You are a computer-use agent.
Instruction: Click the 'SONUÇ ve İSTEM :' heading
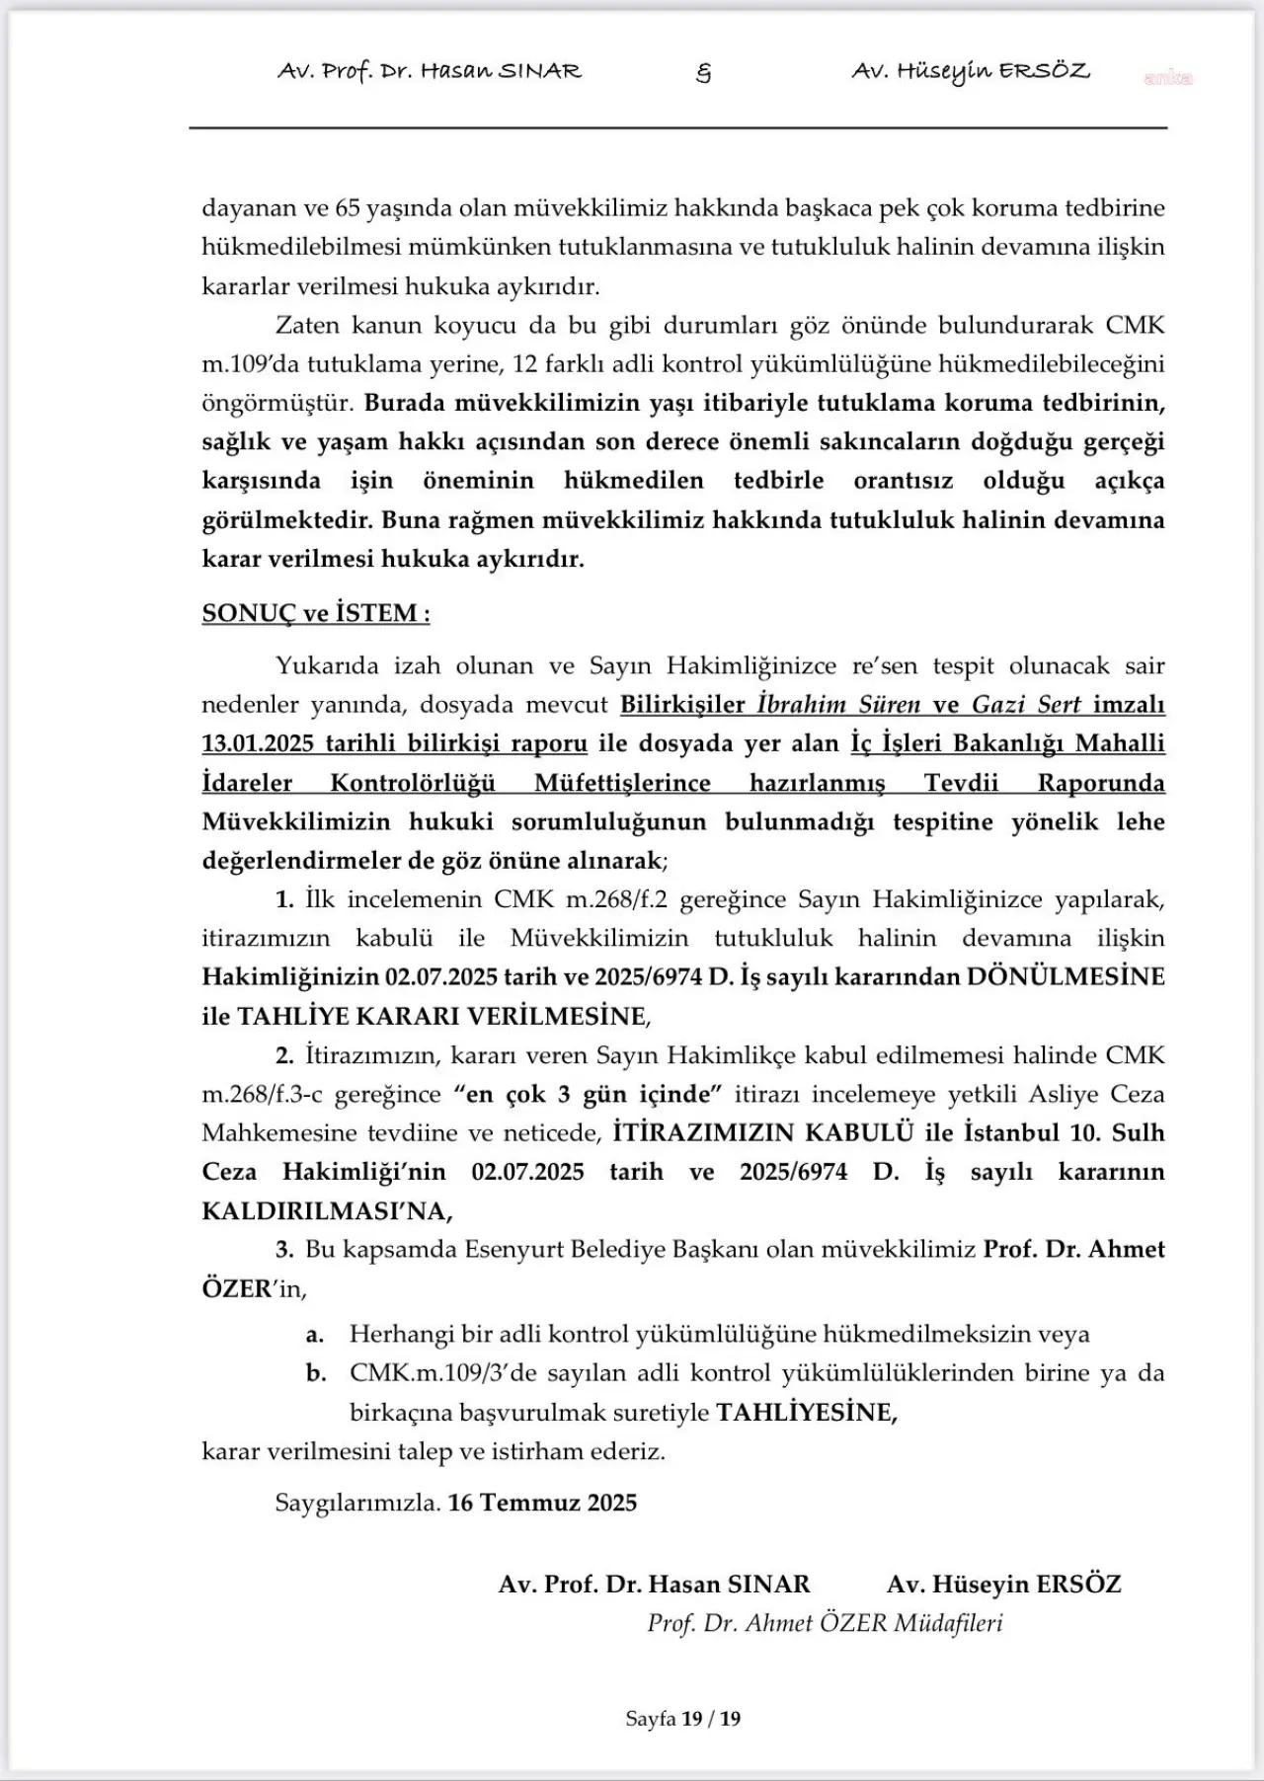316,613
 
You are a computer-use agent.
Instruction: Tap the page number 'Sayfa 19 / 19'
682,1719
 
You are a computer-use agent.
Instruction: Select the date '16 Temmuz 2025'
542,1503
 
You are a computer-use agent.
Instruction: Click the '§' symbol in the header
703,72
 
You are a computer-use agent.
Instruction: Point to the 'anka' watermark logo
1167,78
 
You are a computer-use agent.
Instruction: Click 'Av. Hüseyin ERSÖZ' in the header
971,72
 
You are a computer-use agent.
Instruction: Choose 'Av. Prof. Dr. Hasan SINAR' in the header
430,72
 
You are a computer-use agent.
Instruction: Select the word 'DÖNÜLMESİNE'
1066,976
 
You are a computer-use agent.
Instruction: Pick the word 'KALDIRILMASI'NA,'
328,1210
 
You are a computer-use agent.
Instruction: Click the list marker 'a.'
315,1335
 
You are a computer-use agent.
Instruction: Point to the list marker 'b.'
316,1373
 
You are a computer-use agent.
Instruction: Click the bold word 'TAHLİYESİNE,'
807,1413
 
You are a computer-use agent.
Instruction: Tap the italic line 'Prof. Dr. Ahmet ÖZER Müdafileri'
825,1623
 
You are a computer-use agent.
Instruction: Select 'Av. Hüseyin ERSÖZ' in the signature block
1003,1585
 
